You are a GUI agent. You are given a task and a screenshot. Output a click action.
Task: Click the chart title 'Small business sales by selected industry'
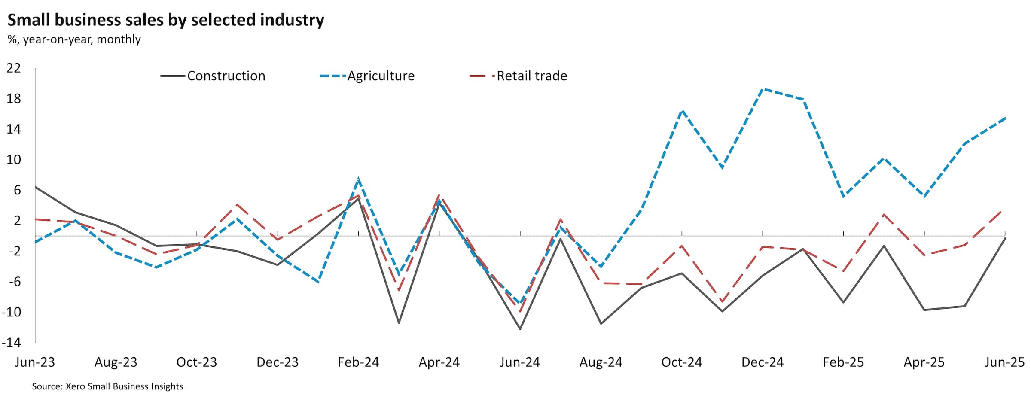click(166, 20)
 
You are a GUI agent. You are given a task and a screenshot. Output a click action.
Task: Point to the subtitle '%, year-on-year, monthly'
click(74, 39)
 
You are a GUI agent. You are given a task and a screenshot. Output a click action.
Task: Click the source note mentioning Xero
click(107, 386)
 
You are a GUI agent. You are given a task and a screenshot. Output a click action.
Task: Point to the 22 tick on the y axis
click(14, 68)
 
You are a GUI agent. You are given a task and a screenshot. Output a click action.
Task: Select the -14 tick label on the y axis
click(12, 342)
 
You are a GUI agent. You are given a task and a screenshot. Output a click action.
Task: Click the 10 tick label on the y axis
click(14, 159)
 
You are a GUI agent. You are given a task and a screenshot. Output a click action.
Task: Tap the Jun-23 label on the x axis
click(35, 362)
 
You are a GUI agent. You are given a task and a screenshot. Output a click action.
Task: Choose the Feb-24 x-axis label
click(358, 362)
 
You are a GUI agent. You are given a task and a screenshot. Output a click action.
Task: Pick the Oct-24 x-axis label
click(682, 362)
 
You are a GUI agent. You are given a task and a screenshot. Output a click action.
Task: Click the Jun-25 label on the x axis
click(1004, 362)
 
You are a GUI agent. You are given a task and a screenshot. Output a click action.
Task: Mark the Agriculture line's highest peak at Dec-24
click(763, 89)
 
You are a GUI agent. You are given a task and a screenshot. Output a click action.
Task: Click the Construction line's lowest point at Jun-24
click(520, 329)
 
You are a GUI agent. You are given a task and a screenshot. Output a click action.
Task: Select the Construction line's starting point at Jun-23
click(35, 187)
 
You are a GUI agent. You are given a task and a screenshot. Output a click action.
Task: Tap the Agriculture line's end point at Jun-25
click(1005, 118)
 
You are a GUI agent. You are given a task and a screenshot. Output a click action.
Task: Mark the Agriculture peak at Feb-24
click(358, 179)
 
